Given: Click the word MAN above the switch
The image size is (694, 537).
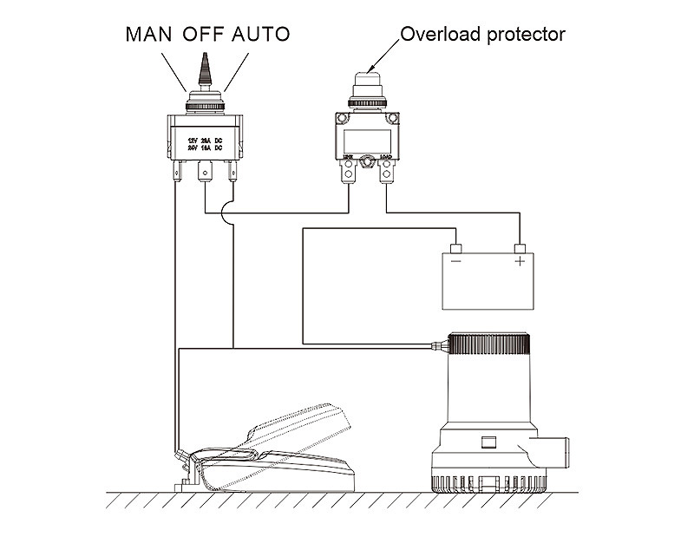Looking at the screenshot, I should click(x=150, y=35).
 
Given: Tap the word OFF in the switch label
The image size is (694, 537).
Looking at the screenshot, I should click(x=203, y=35).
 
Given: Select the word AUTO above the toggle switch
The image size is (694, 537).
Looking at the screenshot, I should click(x=259, y=35).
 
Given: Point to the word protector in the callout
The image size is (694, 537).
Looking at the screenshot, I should click(x=526, y=36).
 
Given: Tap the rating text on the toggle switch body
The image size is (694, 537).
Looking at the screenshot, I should click(x=205, y=143).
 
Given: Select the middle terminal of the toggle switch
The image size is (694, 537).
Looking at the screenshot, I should click(x=205, y=172).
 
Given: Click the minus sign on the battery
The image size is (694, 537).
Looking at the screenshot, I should click(x=455, y=260).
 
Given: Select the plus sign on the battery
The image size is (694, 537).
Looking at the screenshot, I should click(x=520, y=260).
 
